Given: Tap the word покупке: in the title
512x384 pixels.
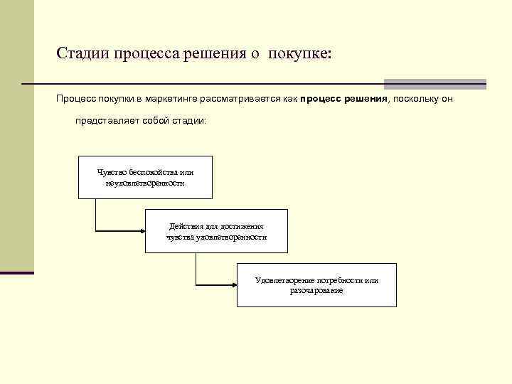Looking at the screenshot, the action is point(300,53).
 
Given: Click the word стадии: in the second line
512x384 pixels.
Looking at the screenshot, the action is point(188,121).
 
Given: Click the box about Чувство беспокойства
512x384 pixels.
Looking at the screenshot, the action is point(145,176).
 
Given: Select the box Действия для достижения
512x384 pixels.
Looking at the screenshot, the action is point(216,231).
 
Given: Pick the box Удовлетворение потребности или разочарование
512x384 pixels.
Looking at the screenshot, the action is point(316,284).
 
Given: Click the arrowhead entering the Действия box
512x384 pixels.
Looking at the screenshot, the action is point(142,230).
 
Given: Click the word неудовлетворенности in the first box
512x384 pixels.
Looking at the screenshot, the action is point(145,183).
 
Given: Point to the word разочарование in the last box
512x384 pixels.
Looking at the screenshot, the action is point(316,291).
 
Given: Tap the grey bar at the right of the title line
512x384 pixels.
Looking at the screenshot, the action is point(434,84).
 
